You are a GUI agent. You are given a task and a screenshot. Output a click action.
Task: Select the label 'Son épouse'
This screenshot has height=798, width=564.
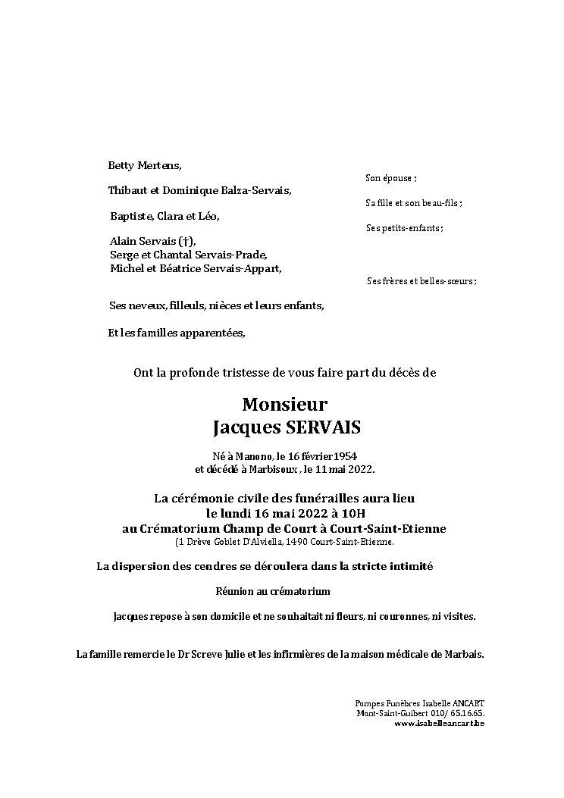click(x=390, y=178)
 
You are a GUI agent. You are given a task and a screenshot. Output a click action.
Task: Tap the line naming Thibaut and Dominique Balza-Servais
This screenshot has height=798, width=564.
click(x=199, y=190)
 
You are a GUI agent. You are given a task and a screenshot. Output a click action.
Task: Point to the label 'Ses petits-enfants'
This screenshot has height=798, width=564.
click(x=404, y=228)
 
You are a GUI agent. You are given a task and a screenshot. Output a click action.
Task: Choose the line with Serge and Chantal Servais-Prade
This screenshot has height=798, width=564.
click(x=189, y=255)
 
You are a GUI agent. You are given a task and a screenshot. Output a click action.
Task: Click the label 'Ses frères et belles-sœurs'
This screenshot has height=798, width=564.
click(x=421, y=281)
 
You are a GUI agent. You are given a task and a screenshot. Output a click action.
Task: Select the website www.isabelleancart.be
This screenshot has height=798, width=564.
click(x=439, y=724)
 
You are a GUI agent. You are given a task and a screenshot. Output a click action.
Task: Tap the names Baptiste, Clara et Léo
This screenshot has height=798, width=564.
click(x=164, y=216)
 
